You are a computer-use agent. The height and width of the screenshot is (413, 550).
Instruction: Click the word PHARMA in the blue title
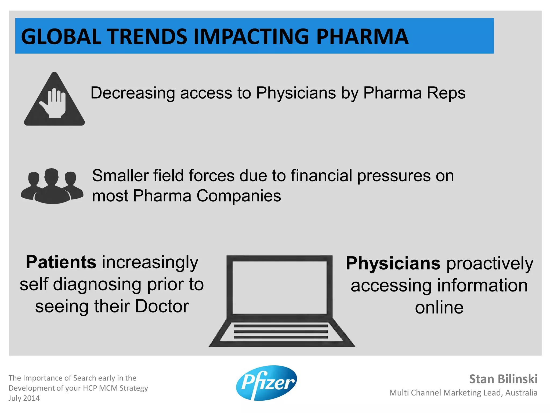coord(362,37)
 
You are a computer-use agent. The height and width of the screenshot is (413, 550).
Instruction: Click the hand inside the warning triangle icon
coord(54,103)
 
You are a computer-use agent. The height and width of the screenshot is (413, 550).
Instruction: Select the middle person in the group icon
coord(52,186)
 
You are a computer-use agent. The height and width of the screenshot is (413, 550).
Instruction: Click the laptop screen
coord(279,287)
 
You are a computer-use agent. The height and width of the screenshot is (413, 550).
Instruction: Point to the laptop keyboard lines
coord(281,332)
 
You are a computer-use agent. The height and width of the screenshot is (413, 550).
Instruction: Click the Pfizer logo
coord(266,383)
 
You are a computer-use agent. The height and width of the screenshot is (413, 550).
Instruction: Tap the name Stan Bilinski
coord(503,379)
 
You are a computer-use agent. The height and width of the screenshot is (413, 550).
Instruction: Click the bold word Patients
coord(61,262)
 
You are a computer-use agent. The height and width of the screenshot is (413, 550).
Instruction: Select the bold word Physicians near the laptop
coord(393,263)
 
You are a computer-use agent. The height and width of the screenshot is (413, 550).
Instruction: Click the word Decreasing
coord(133,93)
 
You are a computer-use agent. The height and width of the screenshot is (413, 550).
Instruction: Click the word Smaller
coord(120,176)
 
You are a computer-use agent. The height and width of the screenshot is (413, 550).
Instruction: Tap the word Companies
coord(239,196)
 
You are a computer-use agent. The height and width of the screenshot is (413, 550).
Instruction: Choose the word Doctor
coord(162,306)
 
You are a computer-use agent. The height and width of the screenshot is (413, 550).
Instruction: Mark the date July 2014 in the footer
coord(24,398)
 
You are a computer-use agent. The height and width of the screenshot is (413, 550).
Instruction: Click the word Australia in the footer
coord(521,393)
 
